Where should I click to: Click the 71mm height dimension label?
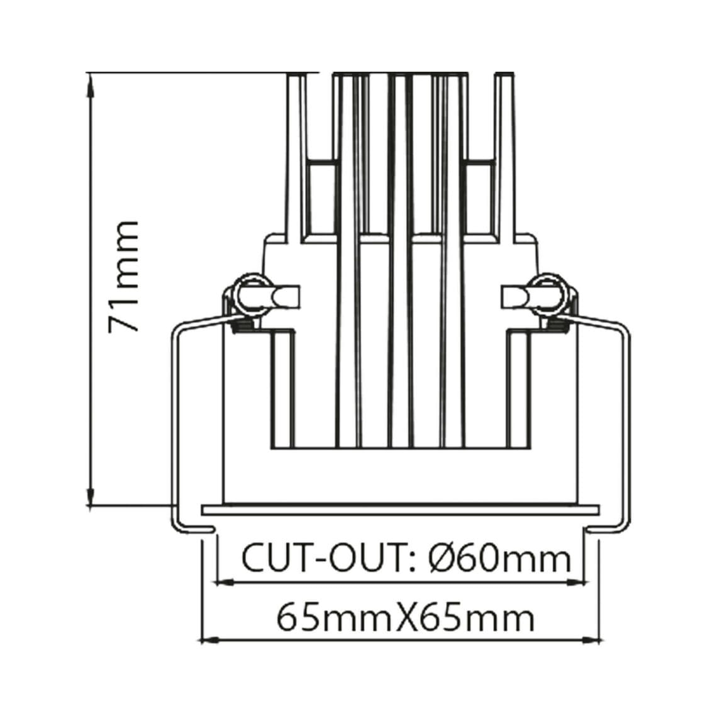pyautogui.click(x=123, y=277)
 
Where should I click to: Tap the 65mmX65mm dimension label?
pyautogui.click(x=406, y=618)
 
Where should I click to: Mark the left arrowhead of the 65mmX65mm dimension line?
pyautogui.click(x=209, y=641)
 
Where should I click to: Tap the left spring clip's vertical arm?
pyautogui.click(x=175, y=428)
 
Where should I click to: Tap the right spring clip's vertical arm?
pyautogui.click(x=625, y=428)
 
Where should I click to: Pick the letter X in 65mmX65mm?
pyautogui.click(x=406, y=618)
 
